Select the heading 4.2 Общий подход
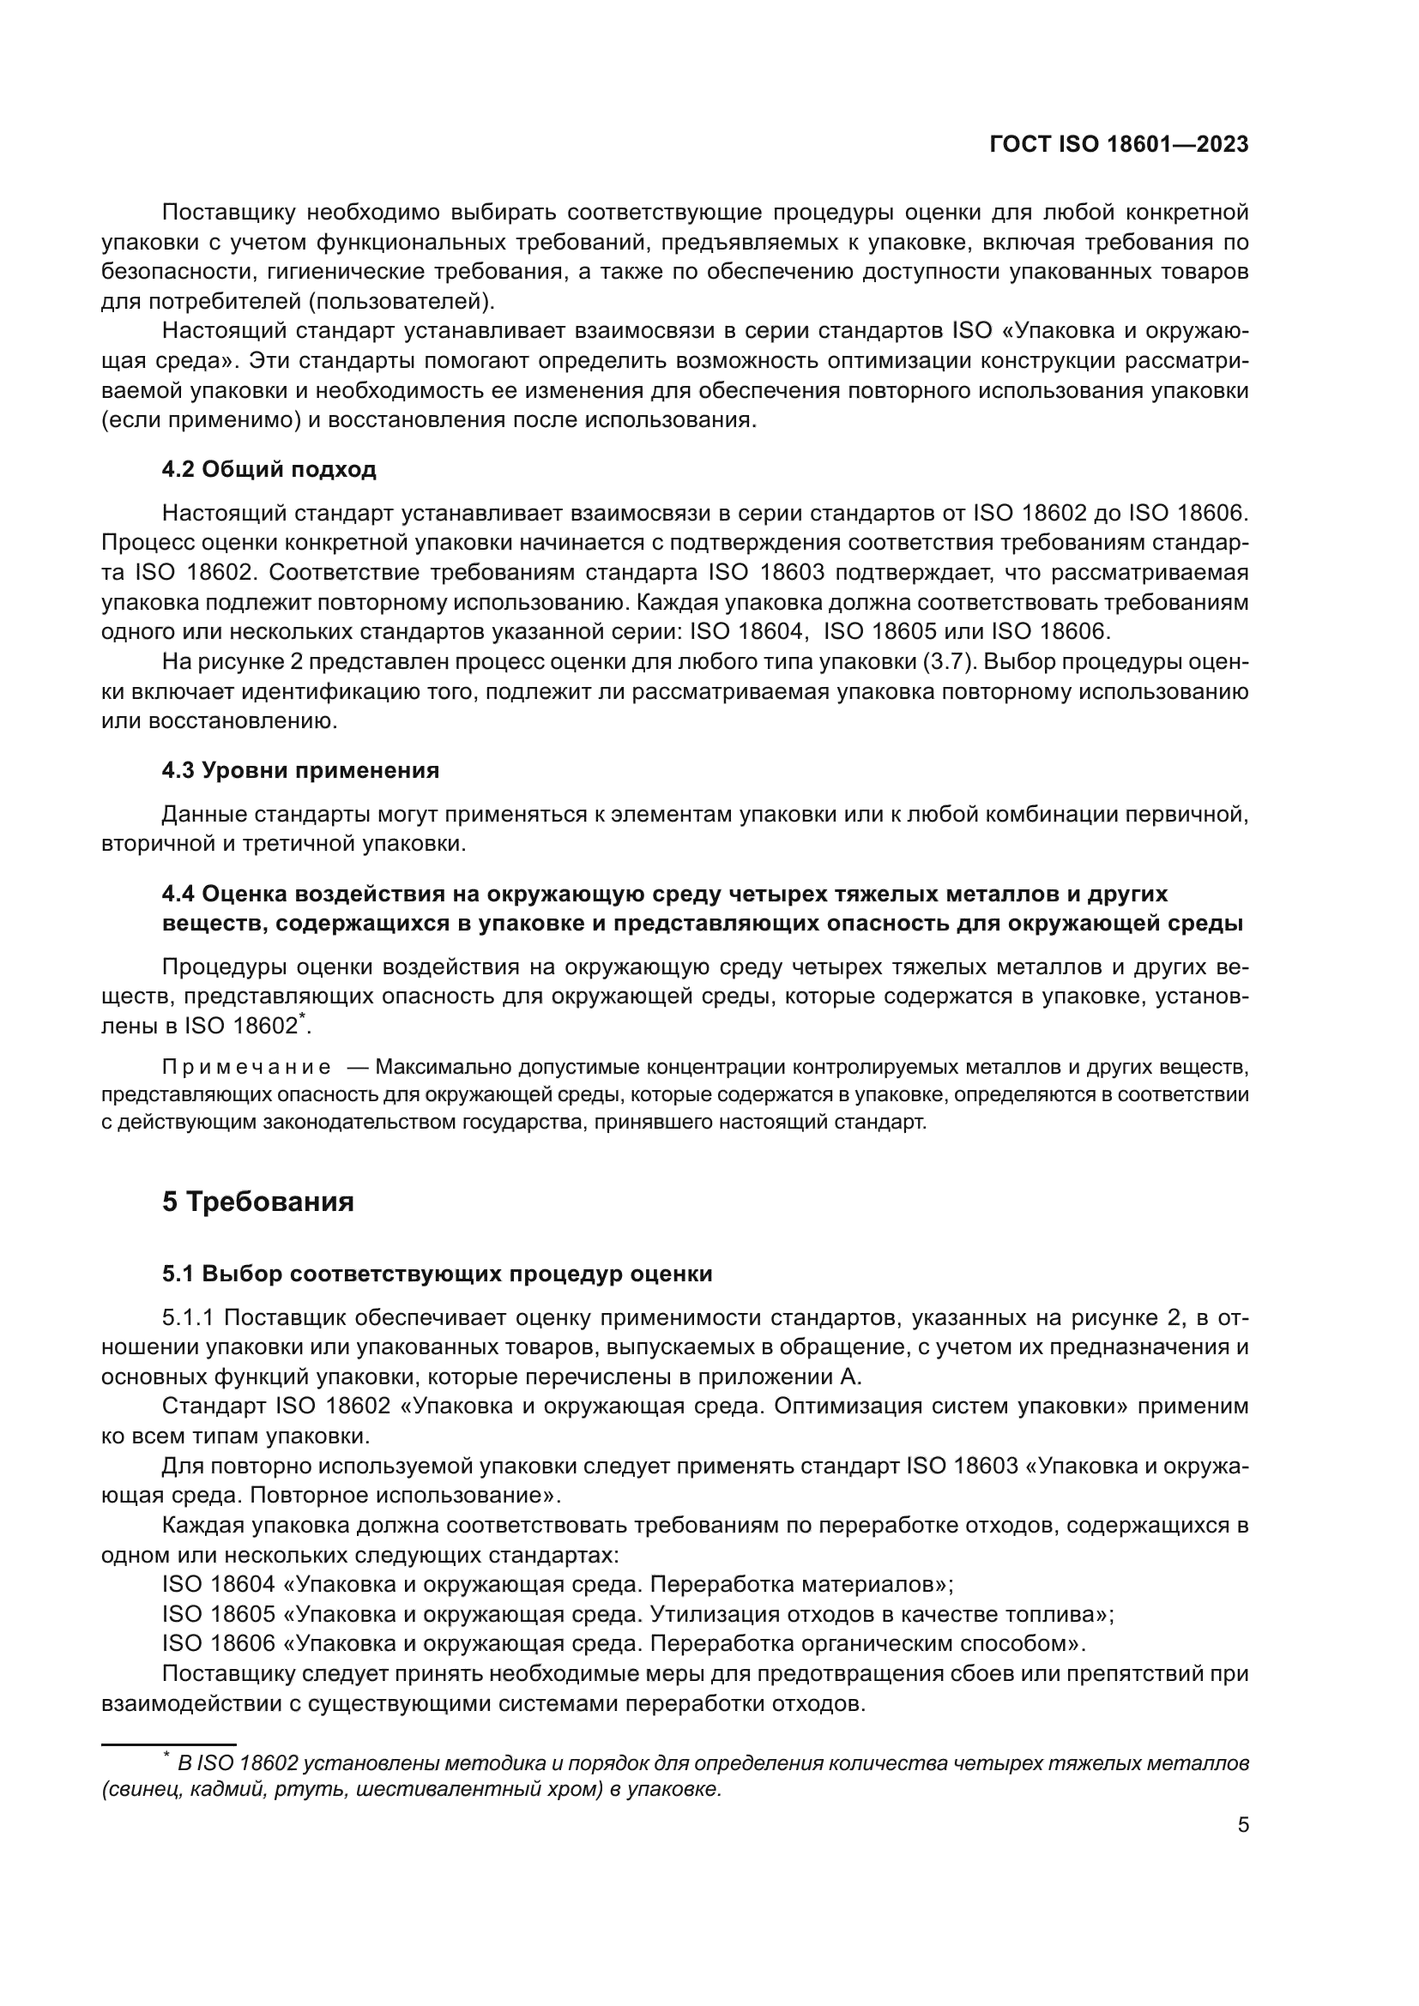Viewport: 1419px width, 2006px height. coord(269,469)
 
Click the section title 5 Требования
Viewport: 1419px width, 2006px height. coord(257,1202)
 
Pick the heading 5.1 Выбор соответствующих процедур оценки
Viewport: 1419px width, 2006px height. coord(437,1273)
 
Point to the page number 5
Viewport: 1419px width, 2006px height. coord(1242,1824)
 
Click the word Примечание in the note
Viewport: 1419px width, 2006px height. coord(246,1067)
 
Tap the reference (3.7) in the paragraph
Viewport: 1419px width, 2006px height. coord(948,661)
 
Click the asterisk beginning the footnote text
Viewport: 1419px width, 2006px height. coord(166,1757)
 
